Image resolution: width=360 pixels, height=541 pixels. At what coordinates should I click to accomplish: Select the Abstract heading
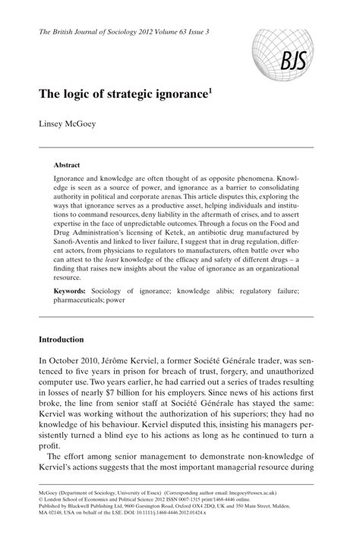click(68, 164)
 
